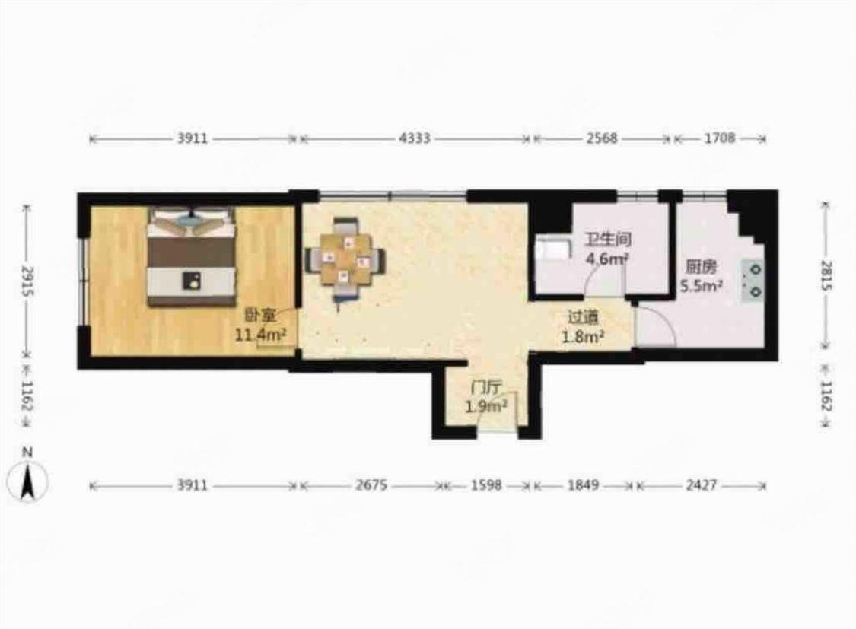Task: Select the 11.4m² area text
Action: coord(261,335)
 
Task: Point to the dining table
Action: coord(345,259)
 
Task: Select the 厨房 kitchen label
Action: coord(702,267)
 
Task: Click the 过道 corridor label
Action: coord(583,317)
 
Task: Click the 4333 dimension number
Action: coord(415,138)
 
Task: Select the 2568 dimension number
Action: coord(602,138)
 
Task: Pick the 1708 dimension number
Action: coord(720,138)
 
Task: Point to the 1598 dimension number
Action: coord(486,485)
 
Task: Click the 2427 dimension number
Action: coord(701,485)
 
